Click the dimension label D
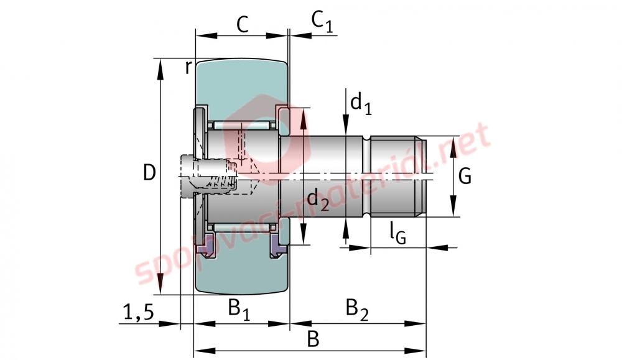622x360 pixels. (x=149, y=173)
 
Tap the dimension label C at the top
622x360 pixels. (x=243, y=25)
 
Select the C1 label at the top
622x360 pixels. (x=322, y=21)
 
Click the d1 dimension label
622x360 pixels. (x=361, y=103)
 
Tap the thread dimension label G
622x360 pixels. (x=465, y=176)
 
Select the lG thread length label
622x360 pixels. (x=397, y=233)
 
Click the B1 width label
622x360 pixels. (x=239, y=310)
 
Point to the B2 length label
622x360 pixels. (x=357, y=310)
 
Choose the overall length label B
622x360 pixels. (x=313, y=339)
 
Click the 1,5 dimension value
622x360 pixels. (x=139, y=312)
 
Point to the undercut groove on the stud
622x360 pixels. (x=366, y=177)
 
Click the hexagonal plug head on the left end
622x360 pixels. (x=188, y=176)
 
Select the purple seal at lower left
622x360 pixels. (x=205, y=246)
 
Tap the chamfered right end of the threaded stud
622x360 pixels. (x=421, y=177)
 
